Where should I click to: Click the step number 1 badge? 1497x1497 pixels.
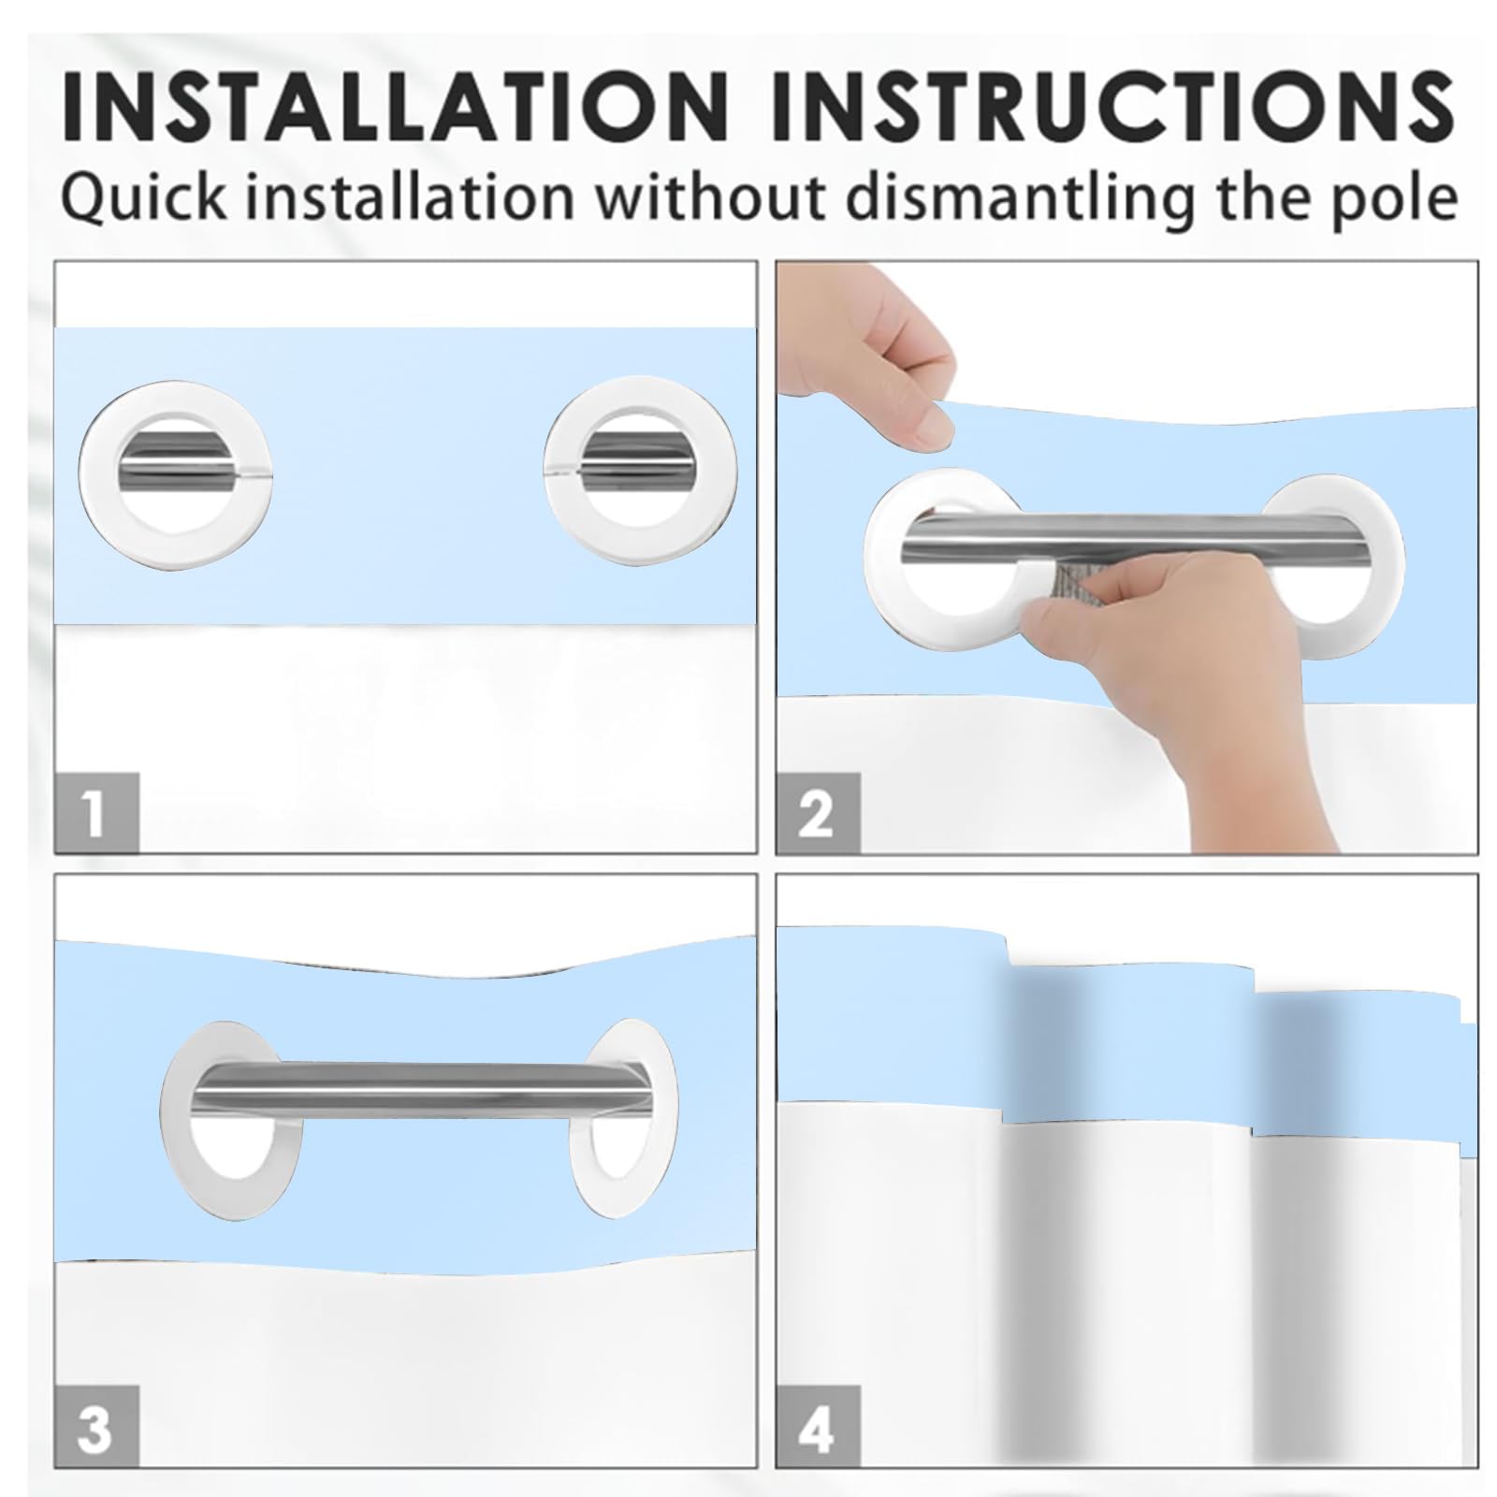pyautogui.click(x=96, y=812)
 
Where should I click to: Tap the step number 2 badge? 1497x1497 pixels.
pyautogui.click(x=817, y=812)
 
